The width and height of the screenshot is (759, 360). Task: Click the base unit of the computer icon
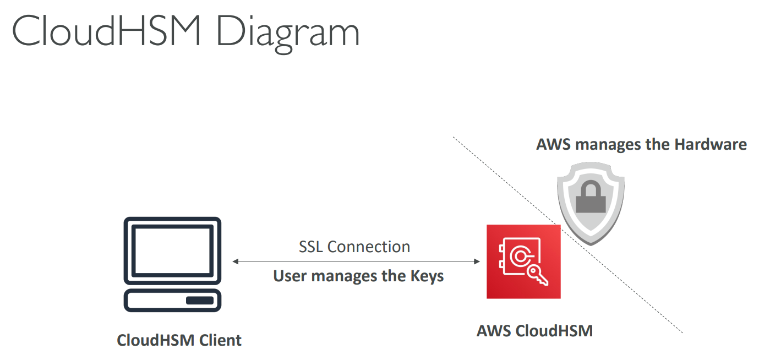click(172, 300)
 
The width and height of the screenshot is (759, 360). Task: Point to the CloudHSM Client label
click(179, 340)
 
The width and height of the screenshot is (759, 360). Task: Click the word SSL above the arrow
click(311, 247)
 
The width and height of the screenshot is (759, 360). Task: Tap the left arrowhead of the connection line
click(236, 261)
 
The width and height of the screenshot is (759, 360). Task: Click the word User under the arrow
click(290, 276)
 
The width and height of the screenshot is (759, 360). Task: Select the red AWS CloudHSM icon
click(523, 261)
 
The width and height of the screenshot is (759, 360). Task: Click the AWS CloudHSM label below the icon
click(534, 331)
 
